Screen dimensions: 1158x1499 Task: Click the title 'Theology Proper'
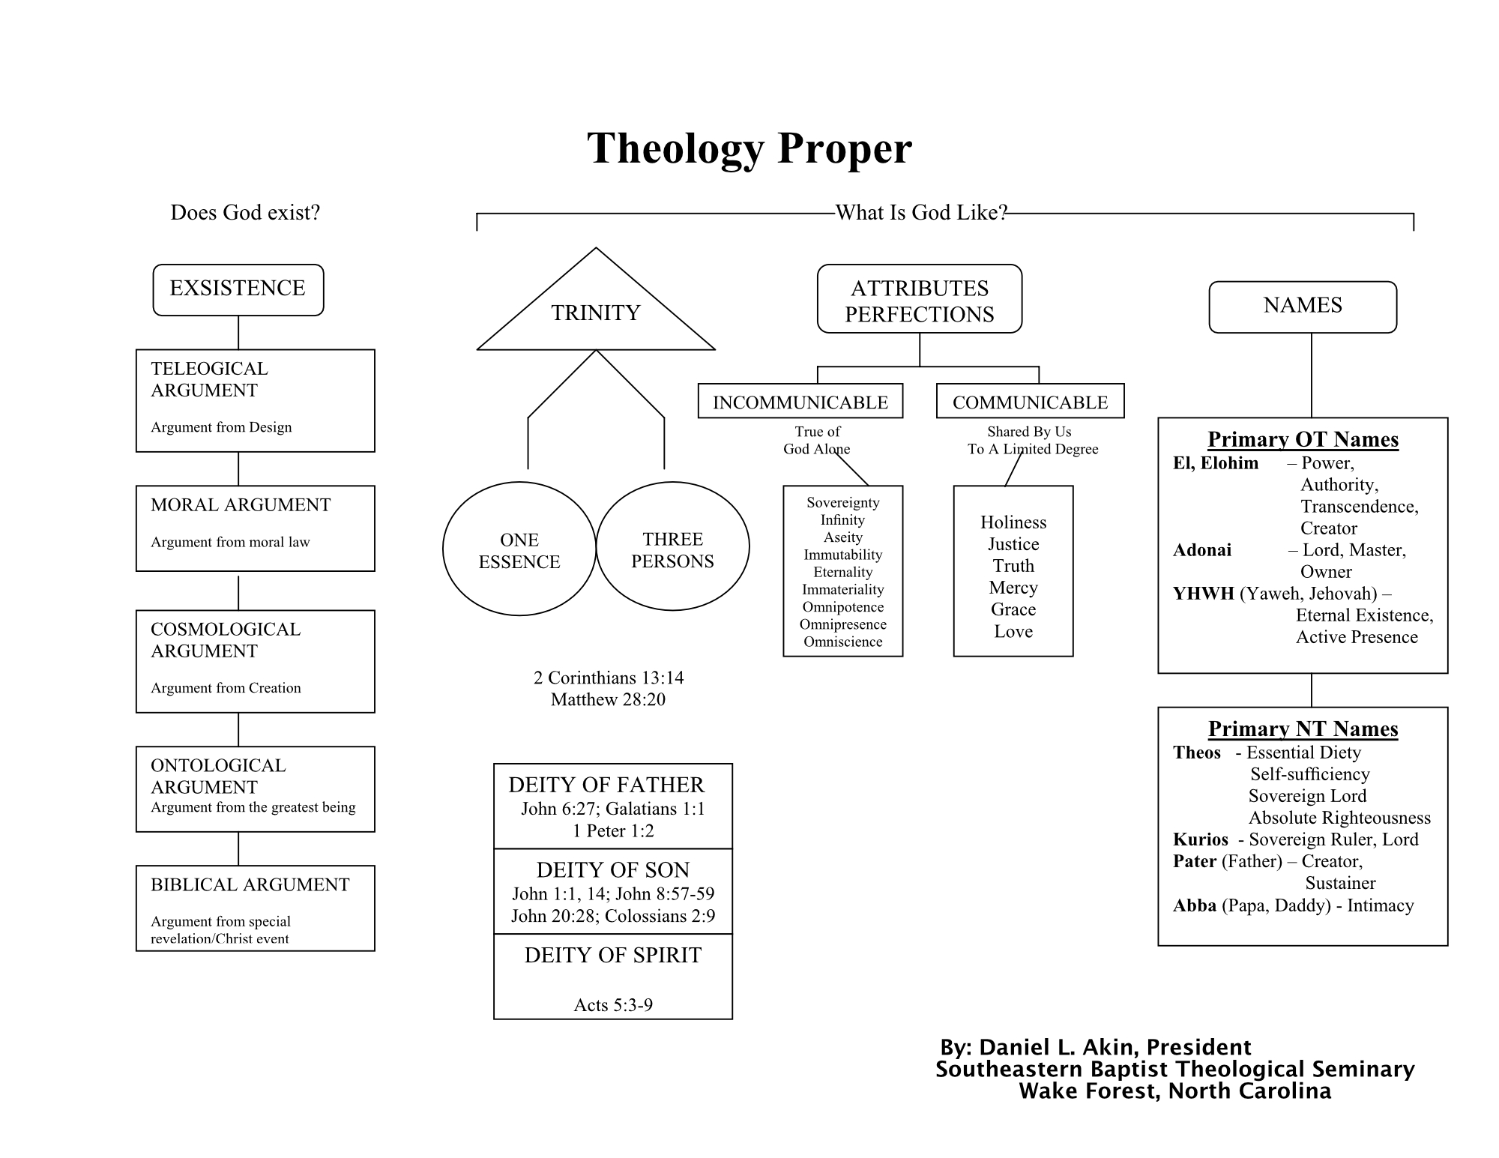(x=749, y=148)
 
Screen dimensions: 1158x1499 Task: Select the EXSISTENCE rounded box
(x=238, y=289)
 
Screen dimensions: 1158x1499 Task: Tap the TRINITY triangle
(x=596, y=312)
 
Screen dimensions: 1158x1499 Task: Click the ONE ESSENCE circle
(x=519, y=550)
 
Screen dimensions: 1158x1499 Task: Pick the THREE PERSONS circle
(x=672, y=549)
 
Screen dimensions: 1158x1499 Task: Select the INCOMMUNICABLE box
(x=800, y=402)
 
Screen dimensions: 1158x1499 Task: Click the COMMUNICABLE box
(x=1030, y=402)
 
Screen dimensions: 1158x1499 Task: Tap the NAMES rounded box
(x=1302, y=306)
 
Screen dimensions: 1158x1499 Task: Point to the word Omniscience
(x=842, y=642)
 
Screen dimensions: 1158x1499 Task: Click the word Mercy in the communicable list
(x=1013, y=588)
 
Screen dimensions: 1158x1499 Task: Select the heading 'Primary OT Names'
(x=1303, y=439)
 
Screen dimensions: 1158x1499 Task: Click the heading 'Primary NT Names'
(x=1303, y=729)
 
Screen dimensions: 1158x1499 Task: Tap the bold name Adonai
(x=1201, y=550)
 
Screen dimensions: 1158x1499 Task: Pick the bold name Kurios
(x=1200, y=839)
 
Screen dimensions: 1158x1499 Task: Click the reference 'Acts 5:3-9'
(x=613, y=1005)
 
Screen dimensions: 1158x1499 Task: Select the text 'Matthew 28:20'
(x=608, y=699)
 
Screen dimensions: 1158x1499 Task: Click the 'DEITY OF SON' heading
(x=612, y=869)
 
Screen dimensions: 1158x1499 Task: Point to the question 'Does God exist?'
(x=245, y=213)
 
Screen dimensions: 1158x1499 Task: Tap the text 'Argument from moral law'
(x=230, y=542)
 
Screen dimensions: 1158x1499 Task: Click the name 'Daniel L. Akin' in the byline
(x=1058, y=1047)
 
